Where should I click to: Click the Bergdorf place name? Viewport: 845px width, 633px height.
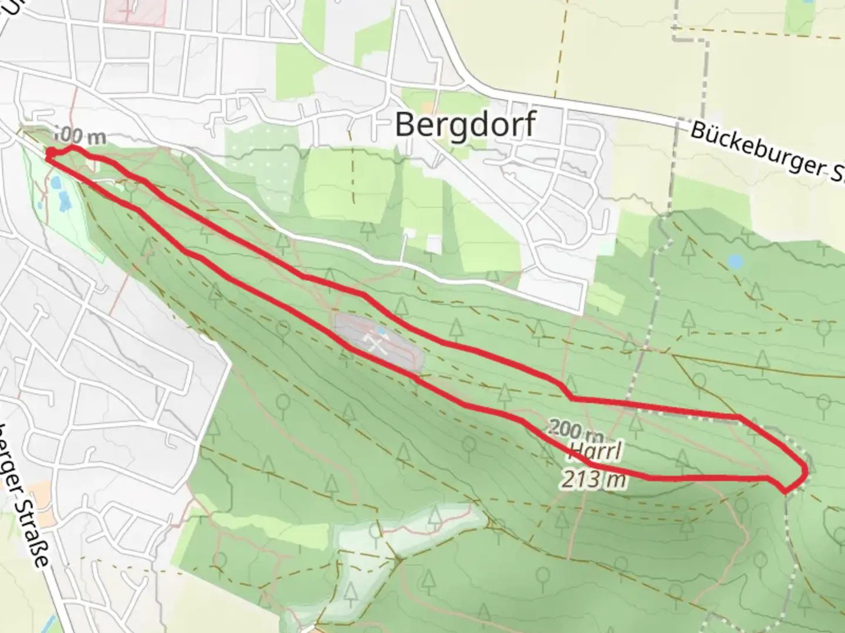pos(465,124)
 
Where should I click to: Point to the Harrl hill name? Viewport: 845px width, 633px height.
pos(594,453)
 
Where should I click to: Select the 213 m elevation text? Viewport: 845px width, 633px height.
pos(593,480)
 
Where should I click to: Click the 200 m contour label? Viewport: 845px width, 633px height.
pos(577,431)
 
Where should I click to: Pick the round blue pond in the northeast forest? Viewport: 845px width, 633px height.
pos(735,261)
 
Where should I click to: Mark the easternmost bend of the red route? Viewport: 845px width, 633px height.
pos(804,470)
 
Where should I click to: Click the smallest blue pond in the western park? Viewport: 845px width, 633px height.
pos(39,205)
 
